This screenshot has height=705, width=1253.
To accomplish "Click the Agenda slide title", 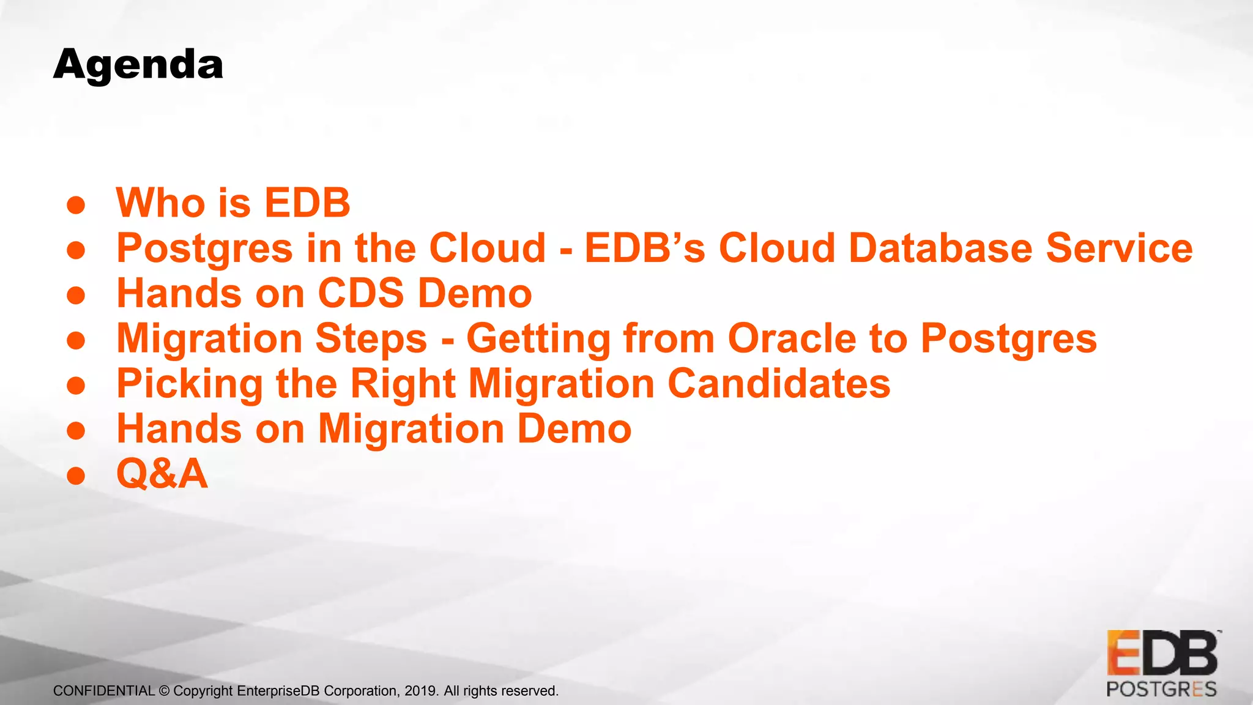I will click(x=138, y=65).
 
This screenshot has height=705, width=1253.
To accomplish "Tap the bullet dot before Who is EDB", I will click(x=76, y=205).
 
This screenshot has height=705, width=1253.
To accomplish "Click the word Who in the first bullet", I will click(x=161, y=203).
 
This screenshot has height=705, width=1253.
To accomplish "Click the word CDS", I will click(x=361, y=293).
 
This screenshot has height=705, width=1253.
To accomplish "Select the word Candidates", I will click(x=779, y=384).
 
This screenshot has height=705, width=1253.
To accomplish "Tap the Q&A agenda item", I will click(x=162, y=474).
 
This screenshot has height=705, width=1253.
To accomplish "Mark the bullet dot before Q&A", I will click(x=76, y=476).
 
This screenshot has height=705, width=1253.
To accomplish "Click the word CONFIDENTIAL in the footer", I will click(x=103, y=691).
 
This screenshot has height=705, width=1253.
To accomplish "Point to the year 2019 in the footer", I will click(x=420, y=691).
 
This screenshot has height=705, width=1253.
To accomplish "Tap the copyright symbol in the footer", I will click(x=164, y=691).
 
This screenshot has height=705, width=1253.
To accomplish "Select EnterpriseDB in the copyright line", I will click(x=278, y=691).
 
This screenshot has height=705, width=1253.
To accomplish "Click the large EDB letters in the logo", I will click(x=1162, y=654).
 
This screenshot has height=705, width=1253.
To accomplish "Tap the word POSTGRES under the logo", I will click(x=1161, y=690).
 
